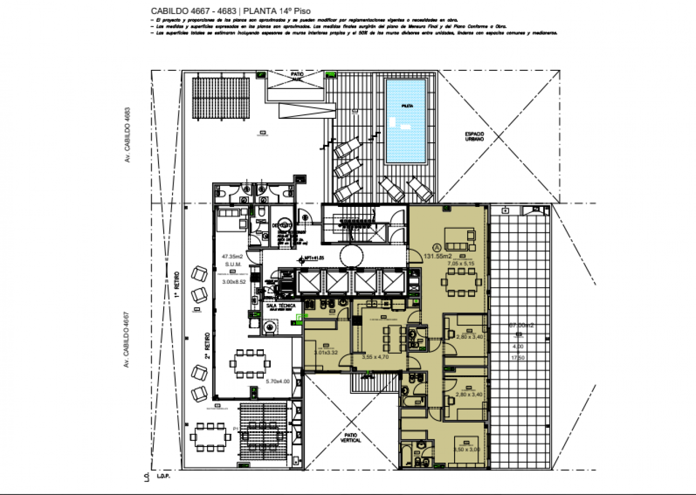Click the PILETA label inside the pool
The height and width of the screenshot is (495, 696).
pos(407,106)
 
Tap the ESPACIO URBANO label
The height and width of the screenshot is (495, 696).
pos(474,137)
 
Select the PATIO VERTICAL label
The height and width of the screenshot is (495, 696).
pos(350,438)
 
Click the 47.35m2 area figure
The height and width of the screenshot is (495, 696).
pos(232,256)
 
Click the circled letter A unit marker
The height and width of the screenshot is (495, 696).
pos(437,247)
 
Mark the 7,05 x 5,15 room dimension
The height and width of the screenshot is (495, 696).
pos(461,264)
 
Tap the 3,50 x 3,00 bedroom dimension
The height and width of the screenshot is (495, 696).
pos(467,449)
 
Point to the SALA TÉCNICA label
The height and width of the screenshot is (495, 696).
pos(280,306)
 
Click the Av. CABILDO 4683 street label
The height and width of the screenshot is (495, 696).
pos(127,136)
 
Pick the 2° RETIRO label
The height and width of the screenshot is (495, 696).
pos(207,346)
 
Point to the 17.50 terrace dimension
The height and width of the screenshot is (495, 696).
pos(517,357)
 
